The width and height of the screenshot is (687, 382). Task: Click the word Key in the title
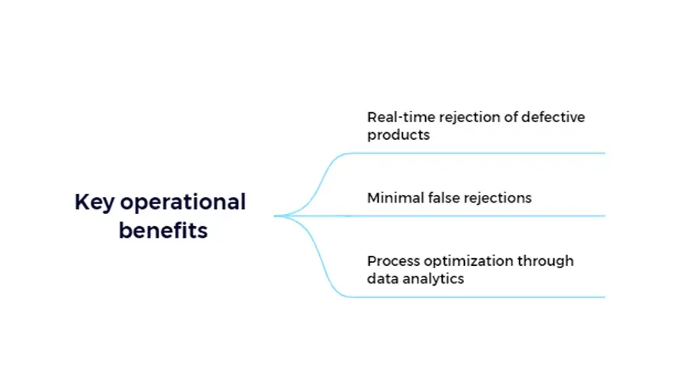pyautogui.click(x=95, y=203)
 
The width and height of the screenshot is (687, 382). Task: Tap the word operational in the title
pyautogui.click(x=183, y=203)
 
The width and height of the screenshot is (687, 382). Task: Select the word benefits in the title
pyautogui.click(x=163, y=230)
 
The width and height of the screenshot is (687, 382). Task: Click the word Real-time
pyautogui.click(x=401, y=117)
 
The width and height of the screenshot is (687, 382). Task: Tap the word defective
pyautogui.click(x=553, y=117)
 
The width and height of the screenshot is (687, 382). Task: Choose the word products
pyautogui.click(x=398, y=135)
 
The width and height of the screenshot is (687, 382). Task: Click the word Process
pyautogui.click(x=393, y=261)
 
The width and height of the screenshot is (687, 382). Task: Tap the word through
pyautogui.click(x=546, y=262)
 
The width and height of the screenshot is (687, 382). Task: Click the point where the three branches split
pyautogui.click(x=285, y=215)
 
